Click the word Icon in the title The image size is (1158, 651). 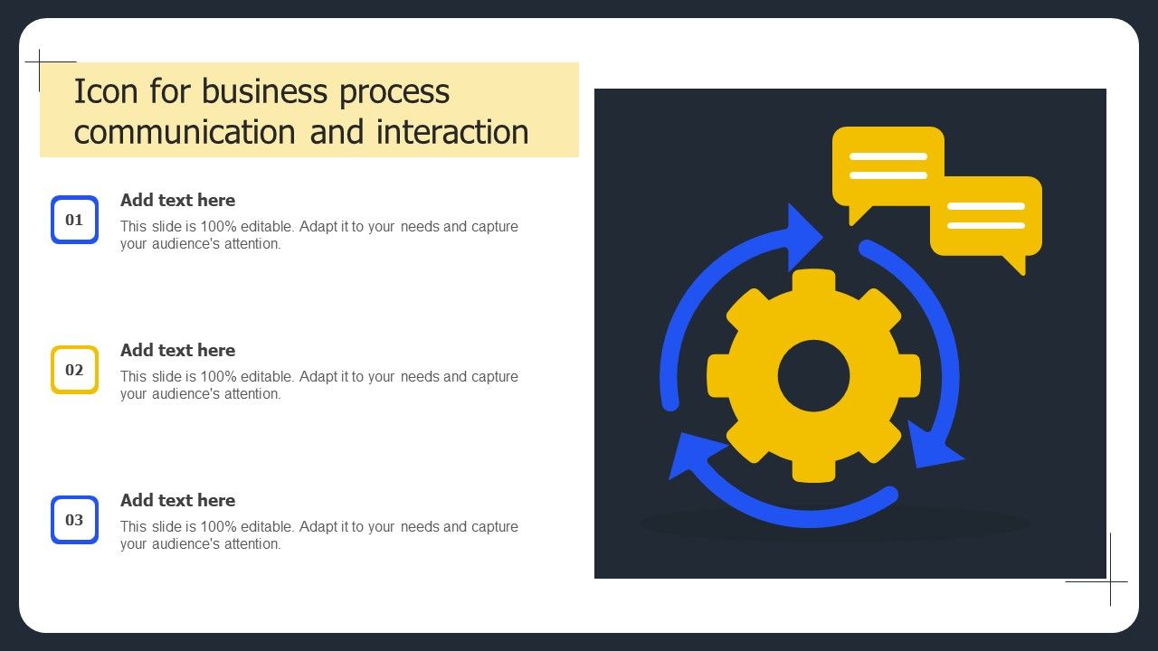(106, 91)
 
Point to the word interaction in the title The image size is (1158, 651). (452, 132)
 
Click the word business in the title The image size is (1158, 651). (264, 91)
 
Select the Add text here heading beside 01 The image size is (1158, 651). (178, 200)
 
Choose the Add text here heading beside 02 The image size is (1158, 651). (178, 350)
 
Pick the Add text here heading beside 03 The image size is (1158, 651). (178, 500)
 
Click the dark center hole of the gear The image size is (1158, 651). (813, 375)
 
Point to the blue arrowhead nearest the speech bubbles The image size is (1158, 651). (802, 237)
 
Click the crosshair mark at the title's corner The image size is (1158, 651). (40, 62)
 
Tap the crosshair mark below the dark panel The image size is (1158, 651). (1110, 581)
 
